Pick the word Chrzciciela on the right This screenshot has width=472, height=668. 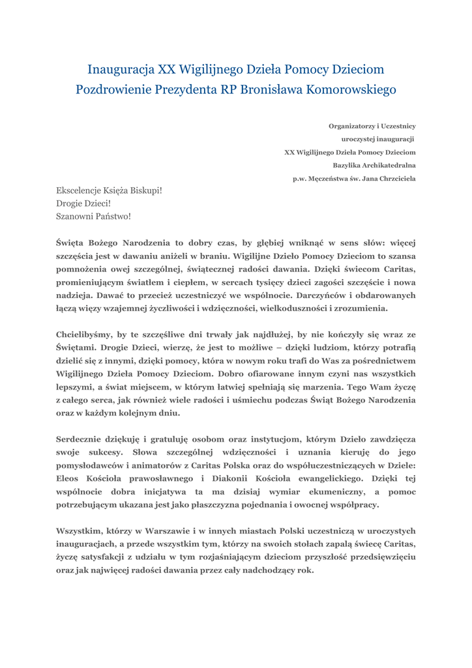click(395, 178)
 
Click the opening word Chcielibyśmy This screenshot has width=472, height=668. click(83, 335)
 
